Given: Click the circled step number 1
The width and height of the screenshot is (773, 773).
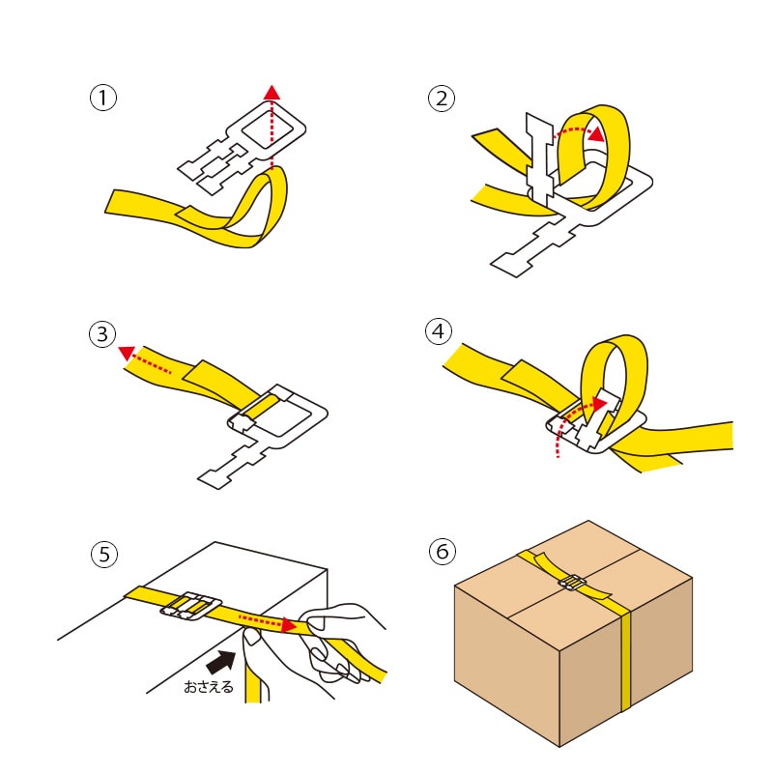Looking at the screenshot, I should tap(102, 98).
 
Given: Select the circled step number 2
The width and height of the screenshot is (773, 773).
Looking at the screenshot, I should tap(442, 98).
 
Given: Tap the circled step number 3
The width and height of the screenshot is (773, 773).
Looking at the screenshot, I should tap(102, 335).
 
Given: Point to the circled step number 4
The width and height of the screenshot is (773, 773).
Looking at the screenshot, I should tap(439, 331).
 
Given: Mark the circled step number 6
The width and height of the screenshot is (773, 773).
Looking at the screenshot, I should tap(442, 552).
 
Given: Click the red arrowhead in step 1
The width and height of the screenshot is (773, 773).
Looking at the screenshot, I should tap(272, 92).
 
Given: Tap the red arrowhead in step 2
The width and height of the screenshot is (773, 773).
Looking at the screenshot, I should tap(598, 132).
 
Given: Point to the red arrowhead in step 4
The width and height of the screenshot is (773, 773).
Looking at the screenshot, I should tap(600, 398).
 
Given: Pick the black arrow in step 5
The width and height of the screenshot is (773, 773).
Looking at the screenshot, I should tap(222, 662).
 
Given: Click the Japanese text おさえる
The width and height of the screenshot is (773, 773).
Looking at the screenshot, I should tap(209, 689).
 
